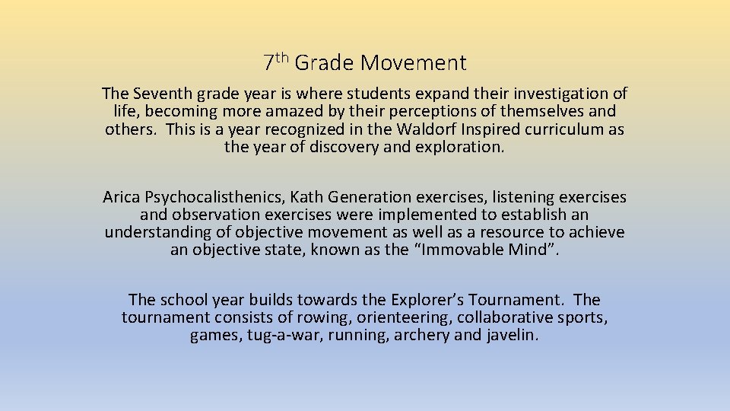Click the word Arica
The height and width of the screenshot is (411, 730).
122,197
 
